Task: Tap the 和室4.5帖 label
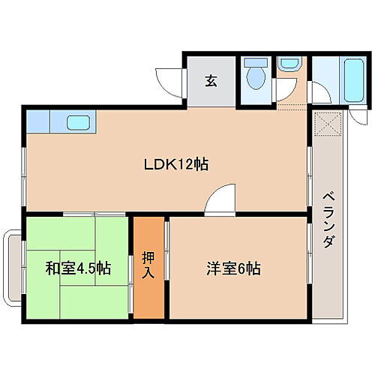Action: [x=77, y=268]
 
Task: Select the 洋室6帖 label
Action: [x=233, y=268]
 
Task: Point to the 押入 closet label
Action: [x=148, y=267]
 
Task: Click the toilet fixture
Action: [x=256, y=77]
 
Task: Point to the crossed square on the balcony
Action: [x=328, y=123]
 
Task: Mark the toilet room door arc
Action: [x=283, y=90]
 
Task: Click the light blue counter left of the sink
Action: [x=38, y=120]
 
